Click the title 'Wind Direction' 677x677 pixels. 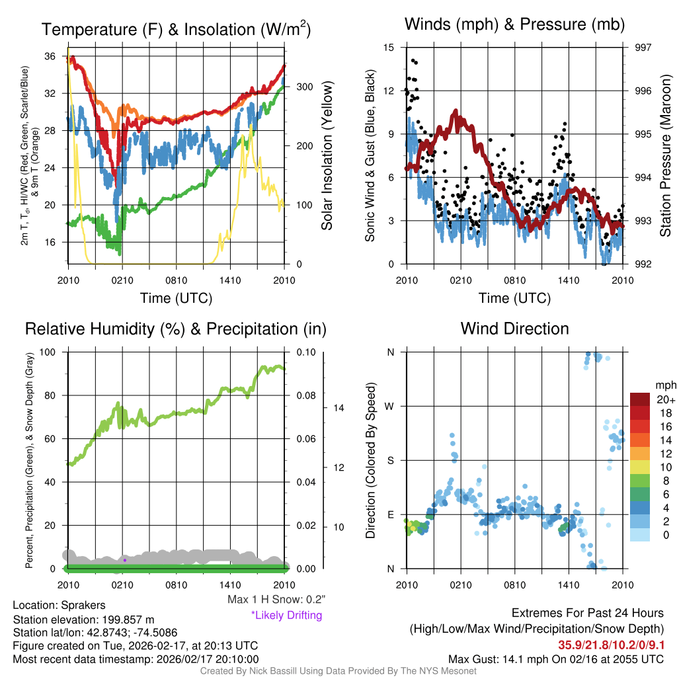(x=514, y=329)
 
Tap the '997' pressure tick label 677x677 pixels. (x=642, y=48)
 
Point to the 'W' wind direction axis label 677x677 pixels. (x=390, y=406)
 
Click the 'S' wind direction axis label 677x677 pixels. (x=390, y=460)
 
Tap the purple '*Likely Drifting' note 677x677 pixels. (x=286, y=615)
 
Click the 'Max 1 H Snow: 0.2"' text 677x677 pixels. (x=276, y=600)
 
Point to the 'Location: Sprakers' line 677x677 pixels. (x=59, y=605)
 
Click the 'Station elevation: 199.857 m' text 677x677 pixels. (x=83, y=619)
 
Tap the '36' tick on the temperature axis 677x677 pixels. (x=50, y=57)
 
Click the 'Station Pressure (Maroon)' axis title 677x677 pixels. (x=666, y=155)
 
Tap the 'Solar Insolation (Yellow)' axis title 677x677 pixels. (x=327, y=155)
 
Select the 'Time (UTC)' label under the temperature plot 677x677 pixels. (x=176, y=298)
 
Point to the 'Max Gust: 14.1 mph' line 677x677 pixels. (x=555, y=658)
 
